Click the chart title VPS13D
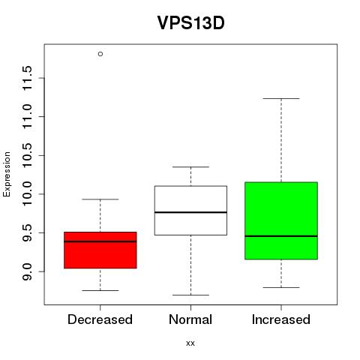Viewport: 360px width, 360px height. (x=190, y=22)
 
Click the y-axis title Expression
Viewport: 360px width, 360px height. (x=7, y=174)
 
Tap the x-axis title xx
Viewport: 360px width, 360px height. (x=190, y=343)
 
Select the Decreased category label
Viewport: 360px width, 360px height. (x=100, y=319)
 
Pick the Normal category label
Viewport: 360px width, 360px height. (x=190, y=319)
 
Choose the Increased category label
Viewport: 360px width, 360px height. (x=281, y=319)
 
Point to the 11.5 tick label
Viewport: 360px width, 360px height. (x=27, y=78)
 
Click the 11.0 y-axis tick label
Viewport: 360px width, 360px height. (x=27, y=117)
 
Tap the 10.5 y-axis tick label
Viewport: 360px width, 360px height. (x=27, y=155)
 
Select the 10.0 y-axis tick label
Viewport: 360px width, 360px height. (x=27, y=194)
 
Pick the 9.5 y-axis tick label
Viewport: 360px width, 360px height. (x=27, y=232)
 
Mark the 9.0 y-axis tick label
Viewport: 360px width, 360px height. (x=27, y=271)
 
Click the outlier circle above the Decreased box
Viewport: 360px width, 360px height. (x=100, y=54)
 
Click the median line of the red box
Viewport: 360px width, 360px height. (x=100, y=241)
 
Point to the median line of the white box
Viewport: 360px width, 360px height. (x=190, y=212)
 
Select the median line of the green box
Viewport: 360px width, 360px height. (x=281, y=236)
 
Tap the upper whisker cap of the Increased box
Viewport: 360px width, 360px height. (x=281, y=98)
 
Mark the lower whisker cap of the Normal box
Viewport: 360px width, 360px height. (x=190, y=295)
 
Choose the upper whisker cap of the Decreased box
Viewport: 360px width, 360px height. (x=100, y=199)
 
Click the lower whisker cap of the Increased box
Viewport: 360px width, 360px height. (x=281, y=287)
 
